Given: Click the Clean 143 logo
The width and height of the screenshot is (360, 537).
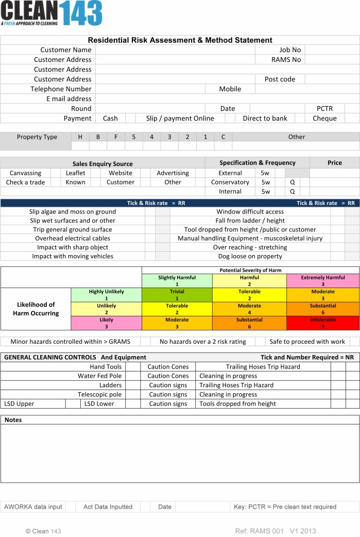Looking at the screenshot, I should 51,13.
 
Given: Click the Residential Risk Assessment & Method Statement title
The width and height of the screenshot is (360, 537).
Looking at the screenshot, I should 180,40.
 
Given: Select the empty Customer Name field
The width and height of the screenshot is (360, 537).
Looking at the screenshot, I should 175,50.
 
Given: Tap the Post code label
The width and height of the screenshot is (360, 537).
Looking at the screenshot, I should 280,79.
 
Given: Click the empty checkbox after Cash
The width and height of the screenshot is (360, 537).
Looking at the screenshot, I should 130,119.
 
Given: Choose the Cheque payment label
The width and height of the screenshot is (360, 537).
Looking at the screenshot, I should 324,119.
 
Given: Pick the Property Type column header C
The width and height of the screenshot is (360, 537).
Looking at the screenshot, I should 223,137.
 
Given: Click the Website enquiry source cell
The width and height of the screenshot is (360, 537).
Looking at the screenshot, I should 121,173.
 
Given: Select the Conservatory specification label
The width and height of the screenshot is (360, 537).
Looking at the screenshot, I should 230,182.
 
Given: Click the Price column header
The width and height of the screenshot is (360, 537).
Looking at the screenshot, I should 334,163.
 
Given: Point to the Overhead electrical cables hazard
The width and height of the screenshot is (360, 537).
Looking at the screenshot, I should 73,239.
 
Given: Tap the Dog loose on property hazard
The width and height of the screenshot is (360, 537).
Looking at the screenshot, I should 250,256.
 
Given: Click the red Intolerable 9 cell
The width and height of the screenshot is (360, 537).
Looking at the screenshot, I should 322,323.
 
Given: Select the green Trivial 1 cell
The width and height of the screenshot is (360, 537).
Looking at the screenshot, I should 177,295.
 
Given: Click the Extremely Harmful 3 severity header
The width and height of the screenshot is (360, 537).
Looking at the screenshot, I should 322,281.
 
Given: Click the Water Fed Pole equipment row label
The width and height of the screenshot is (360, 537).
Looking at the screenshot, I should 99,376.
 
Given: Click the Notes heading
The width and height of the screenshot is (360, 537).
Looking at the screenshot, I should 13,420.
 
